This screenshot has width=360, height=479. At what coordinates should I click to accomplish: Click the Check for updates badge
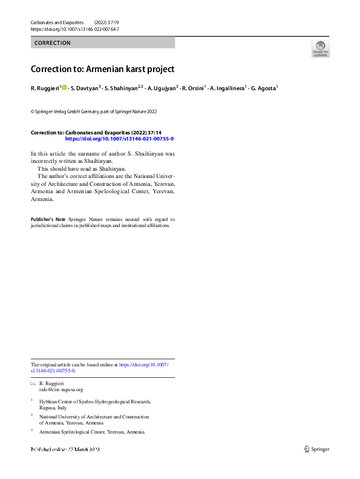(320, 48)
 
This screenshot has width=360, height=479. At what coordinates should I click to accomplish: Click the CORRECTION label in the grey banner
(53, 43)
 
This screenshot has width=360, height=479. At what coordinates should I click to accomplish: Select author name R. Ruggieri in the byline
(45, 88)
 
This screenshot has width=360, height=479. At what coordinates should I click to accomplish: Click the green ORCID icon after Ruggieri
(64, 88)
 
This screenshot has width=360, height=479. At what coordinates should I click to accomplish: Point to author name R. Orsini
(194, 88)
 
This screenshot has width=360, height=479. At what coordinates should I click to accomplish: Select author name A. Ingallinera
(227, 88)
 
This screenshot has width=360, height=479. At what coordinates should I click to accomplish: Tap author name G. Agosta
(263, 88)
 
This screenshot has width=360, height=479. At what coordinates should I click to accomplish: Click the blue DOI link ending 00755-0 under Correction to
(119, 139)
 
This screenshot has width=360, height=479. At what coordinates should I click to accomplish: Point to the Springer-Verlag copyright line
(94, 111)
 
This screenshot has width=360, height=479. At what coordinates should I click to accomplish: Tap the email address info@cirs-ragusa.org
(61, 390)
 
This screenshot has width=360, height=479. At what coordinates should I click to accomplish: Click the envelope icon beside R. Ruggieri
(33, 385)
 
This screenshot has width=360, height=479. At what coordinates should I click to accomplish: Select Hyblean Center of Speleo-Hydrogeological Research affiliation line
(94, 401)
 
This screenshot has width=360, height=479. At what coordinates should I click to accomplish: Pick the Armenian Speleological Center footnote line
(92, 432)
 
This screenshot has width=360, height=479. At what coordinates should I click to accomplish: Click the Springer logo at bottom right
(316, 449)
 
